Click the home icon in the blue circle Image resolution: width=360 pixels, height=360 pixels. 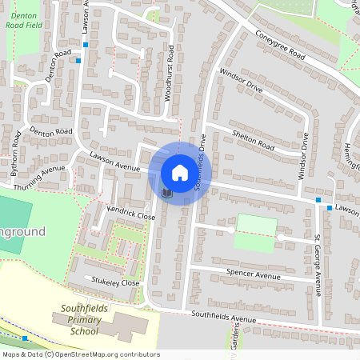pos(180,172)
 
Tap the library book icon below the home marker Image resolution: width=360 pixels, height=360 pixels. pos(167,193)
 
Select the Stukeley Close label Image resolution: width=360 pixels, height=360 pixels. pos(115,282)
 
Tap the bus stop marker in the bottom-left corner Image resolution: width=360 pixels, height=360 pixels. pos(25,339)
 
